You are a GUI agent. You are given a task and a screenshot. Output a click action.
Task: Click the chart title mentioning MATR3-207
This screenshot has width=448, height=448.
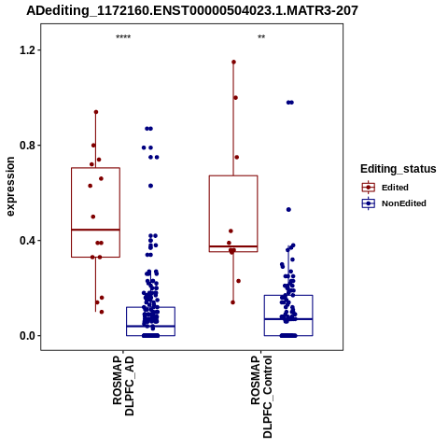(x=192, y=10)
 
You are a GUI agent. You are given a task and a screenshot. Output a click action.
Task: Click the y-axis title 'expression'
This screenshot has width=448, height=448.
(x=10, y=187)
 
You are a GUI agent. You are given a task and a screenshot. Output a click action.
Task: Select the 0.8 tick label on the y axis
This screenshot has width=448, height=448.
(x=26, y=146)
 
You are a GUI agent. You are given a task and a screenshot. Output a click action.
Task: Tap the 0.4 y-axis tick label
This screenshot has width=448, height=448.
(x=26, y=241)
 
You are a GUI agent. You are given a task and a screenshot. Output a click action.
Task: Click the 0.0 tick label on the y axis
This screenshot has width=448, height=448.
(x=26, y=336)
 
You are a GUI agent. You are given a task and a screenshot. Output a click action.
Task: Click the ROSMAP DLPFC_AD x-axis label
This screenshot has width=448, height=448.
(x=123, y=386)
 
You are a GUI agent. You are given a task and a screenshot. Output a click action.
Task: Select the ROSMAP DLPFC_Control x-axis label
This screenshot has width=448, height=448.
(x=261, y=397)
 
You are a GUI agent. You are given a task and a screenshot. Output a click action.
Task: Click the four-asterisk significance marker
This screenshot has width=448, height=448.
(x=123, y=36)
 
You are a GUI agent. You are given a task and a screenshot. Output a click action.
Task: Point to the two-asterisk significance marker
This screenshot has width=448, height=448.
(x=261, y=36)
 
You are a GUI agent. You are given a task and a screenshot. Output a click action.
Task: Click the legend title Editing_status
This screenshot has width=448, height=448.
(x=398, y=169)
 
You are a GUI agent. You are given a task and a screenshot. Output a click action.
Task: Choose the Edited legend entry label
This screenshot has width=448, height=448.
(x=395, y=188)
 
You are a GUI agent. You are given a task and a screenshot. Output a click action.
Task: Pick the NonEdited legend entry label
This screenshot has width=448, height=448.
(x=404, y=203)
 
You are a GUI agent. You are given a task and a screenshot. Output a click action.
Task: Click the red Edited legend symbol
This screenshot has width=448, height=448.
(x=369, y=188)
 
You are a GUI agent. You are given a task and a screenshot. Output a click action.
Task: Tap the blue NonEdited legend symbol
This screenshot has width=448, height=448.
(x=369, y=203)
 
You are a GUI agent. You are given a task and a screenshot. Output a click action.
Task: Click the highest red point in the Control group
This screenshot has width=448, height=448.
(x=233, y=63)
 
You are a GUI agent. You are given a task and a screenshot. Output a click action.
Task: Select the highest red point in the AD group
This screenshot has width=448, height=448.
(x=96, y=112)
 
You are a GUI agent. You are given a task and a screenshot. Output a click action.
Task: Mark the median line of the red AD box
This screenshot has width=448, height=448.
(x=95, y=230)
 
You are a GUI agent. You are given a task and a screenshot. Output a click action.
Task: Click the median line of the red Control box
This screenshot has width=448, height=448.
(x=233, y=246)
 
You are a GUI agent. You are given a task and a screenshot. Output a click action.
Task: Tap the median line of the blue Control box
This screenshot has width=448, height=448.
(x=288, y=319)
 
